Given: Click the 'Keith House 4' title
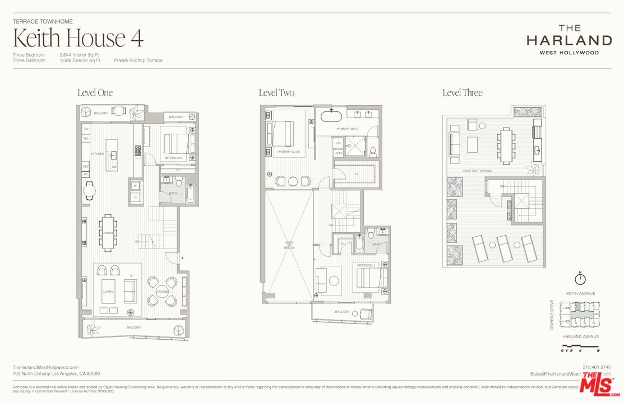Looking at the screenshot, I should tap(78, 38).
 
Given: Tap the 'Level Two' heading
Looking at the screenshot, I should tap(276, 93).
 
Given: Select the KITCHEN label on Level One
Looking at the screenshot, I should tap(98, 153).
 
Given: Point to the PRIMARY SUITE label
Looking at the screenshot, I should tap(289, 151).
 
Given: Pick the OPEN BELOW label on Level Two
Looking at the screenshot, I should tap(289, 245).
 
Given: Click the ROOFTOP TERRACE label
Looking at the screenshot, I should tap(477, 170).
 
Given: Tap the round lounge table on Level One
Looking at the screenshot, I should tap(162, 292).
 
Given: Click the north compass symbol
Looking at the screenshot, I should tap(580, 279).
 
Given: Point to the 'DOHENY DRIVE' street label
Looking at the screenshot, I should tap(552, 315).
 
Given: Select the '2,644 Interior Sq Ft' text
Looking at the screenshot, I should tap(80, 55).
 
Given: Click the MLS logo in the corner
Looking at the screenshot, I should tap(600, 385).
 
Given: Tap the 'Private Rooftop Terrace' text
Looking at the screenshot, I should tap(138, 60).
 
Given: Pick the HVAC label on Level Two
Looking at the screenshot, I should tap(338, 153).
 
